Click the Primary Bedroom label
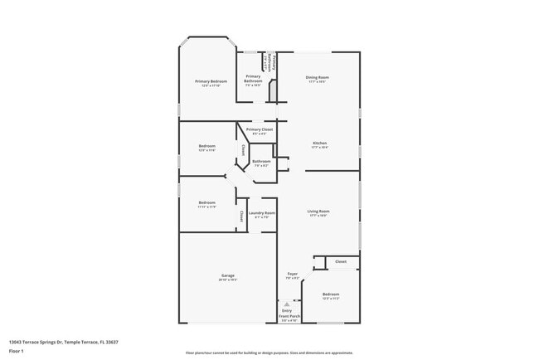point(211,81)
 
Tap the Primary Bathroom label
point(254,80)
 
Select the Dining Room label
point(318,78)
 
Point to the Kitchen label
point(319,144)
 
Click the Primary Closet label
point(260,130)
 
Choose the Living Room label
point(318,212)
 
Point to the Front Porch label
point(288,315)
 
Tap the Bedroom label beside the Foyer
point(331,294)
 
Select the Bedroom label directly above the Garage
point(206,202)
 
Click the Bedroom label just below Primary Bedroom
point(206,147)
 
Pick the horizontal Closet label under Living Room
point(341,261)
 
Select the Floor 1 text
point(17,351)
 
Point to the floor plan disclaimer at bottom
point(269,353)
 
